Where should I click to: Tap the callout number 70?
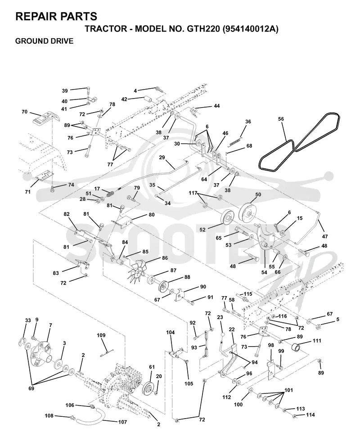click(x=25, y=112)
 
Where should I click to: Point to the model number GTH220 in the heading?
click(x=201, y=29)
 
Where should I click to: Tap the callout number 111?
click(x=317, y=341)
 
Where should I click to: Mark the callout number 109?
click(x=101, y=335)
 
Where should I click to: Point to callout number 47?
click(x=325, y=236)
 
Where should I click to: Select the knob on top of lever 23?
click(x=223, y=334)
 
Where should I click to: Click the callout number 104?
click(x=170, y=332)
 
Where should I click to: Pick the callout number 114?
click(x=310, y=415)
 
